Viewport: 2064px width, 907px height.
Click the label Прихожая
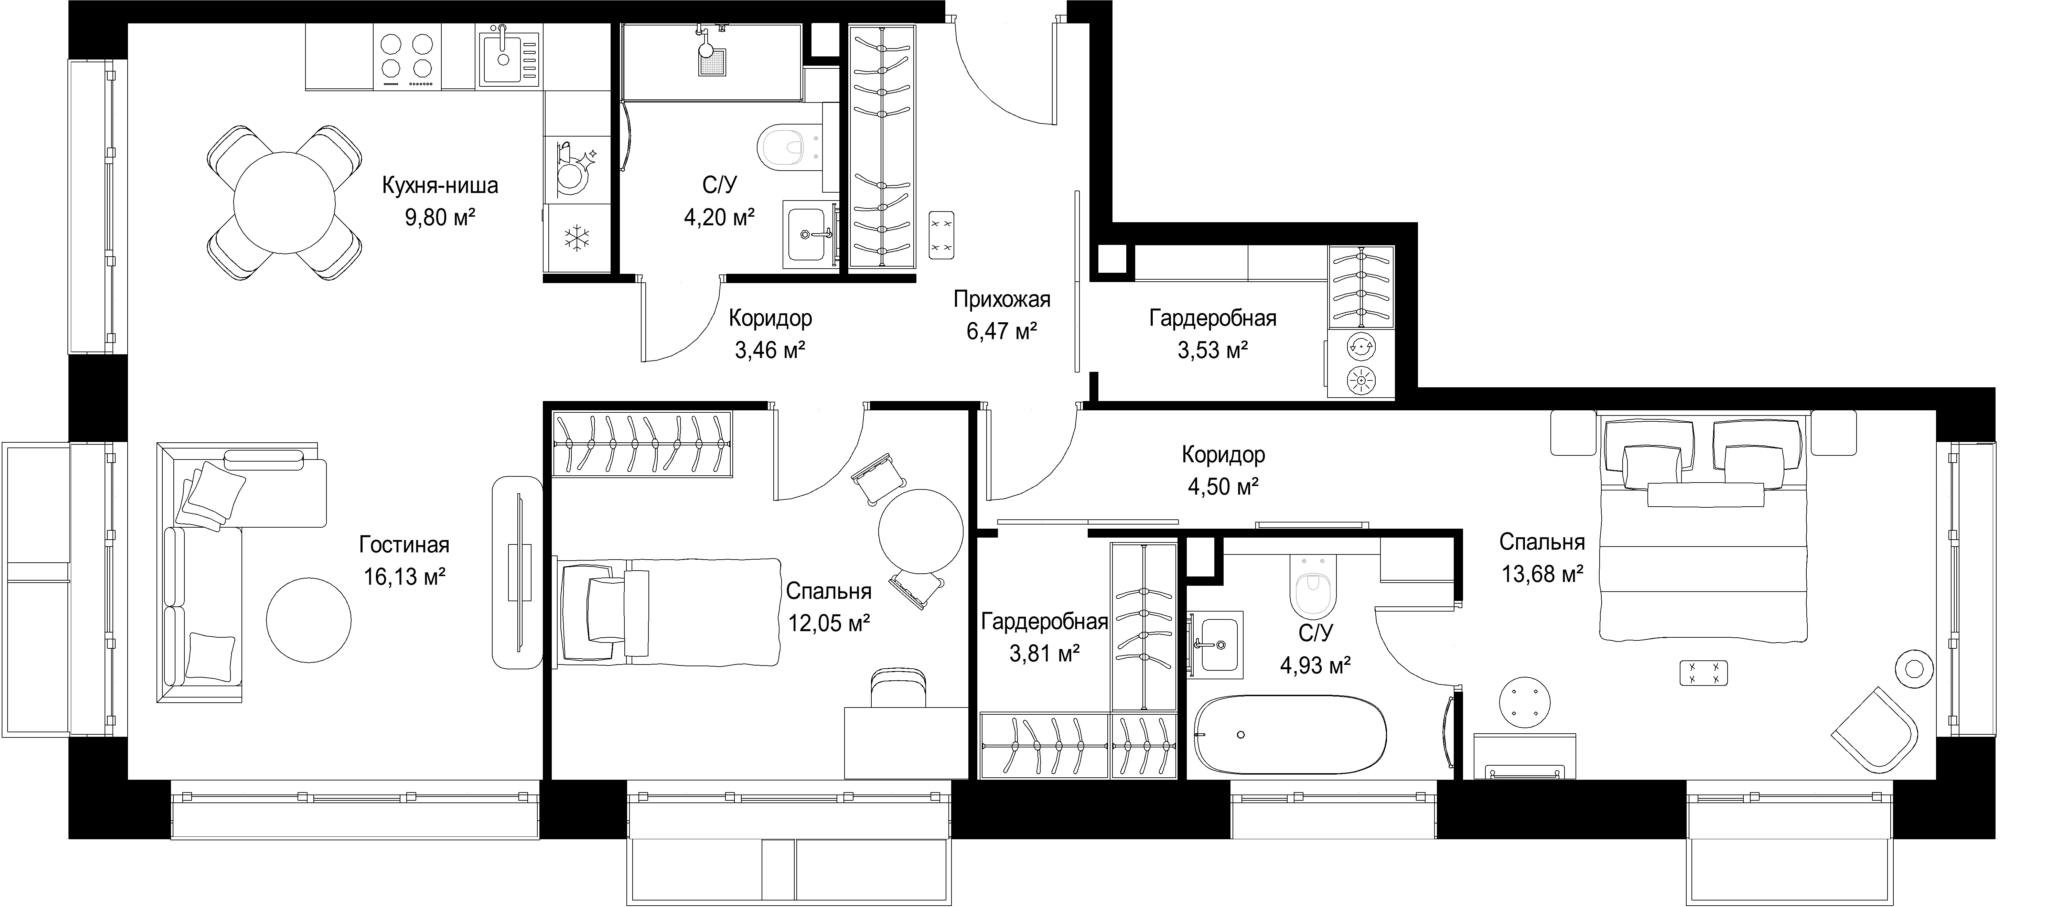point(1001,300)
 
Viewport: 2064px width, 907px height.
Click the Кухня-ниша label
point(440,185)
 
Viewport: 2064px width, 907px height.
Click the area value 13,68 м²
point(1542,574)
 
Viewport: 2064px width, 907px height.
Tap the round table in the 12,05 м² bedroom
point(921,530)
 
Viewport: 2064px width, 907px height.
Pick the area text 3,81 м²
point(1044,654)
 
